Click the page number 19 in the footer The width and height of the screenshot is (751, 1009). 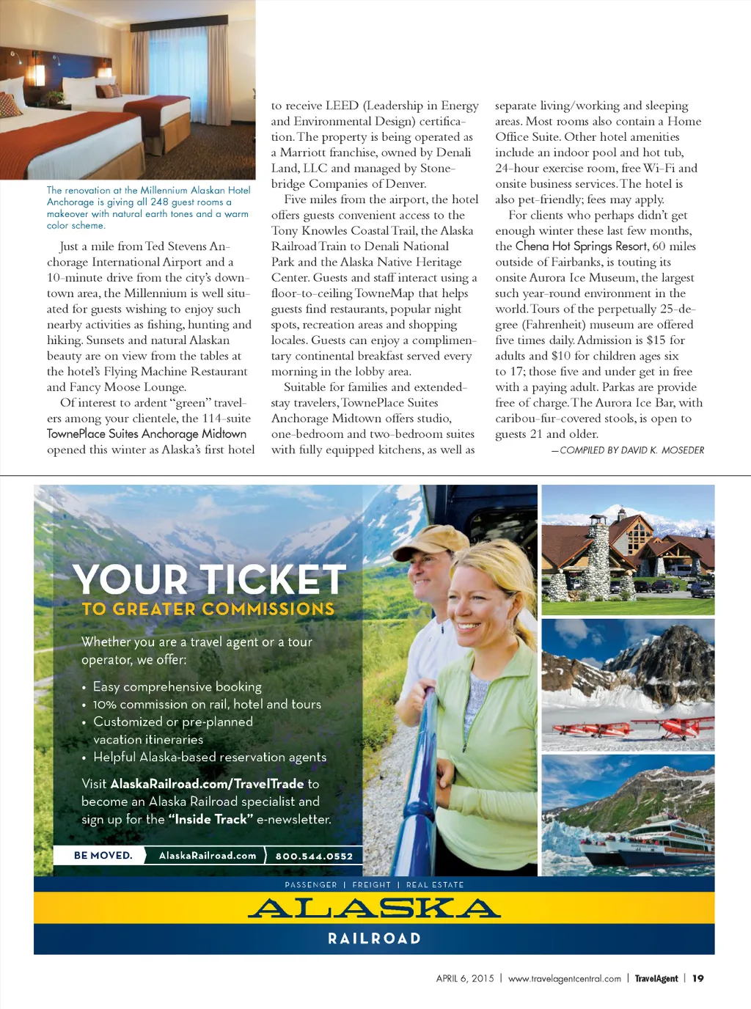coord(697,978)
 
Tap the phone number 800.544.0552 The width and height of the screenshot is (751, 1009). coord(314,856)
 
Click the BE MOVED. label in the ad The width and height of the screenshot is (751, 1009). coord(103,855)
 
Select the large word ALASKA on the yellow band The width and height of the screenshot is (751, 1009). coord(374,909)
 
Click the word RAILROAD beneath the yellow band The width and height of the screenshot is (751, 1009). coord(374,939)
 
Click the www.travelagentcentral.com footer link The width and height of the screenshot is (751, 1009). coord(564,978)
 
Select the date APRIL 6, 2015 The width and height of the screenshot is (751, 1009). coord(465,978)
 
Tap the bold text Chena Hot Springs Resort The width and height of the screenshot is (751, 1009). coord(582,246)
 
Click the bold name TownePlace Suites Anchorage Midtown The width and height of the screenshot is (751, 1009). coord(147,433)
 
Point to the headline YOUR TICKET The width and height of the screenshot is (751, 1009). coord(210,579)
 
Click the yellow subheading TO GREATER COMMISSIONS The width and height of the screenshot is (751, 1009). coord(208,609)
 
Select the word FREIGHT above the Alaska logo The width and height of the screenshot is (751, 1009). coord(371,885)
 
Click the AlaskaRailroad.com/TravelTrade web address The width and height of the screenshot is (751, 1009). coord(207,784)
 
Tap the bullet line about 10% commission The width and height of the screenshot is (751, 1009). coord(207,704)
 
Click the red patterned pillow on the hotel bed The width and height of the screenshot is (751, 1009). coord(9,105)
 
